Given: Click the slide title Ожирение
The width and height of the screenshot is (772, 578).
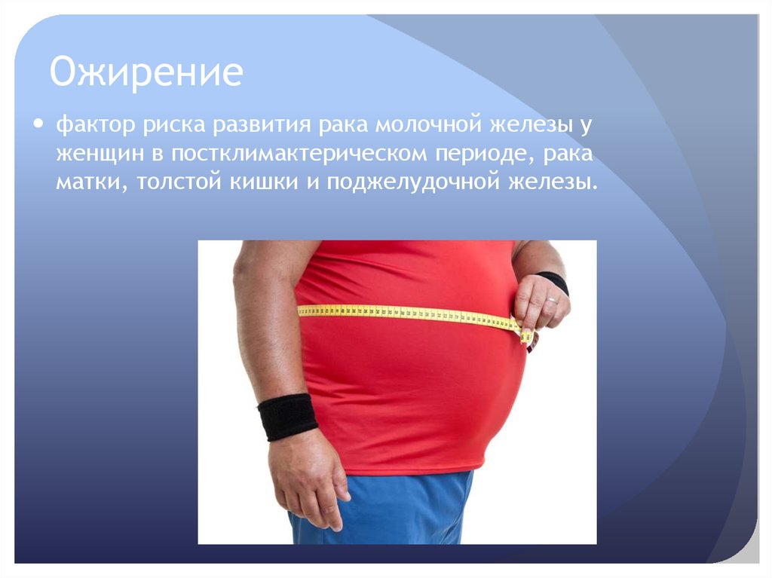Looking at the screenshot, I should click(x=146, y=73).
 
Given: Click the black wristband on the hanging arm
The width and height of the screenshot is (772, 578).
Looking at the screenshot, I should click(x=286, y=416).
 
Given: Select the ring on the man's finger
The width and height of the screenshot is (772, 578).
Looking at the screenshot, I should click(x=552, y=301).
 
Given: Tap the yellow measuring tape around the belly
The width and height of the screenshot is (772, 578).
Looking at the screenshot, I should click(x=407, y=312).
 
